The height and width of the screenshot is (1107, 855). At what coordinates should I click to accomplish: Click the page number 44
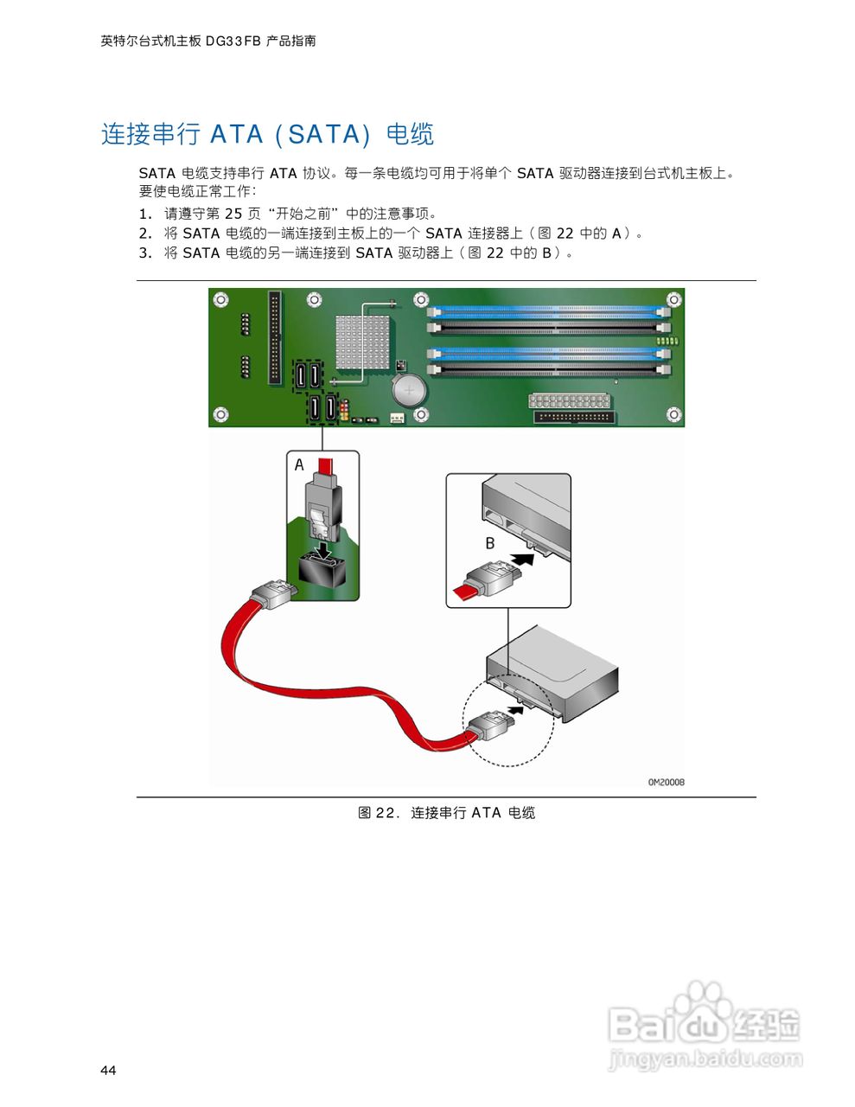pos(108,1071)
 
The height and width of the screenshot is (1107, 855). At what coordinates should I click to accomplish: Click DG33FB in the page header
pos(233,41)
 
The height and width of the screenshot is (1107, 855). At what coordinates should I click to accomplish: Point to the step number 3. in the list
pos(145,253)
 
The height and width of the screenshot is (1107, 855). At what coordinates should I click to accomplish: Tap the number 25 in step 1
pos(233,214)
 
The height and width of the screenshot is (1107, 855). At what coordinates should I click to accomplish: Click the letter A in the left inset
pos(299,465)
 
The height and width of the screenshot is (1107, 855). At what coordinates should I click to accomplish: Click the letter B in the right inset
pos(490,543)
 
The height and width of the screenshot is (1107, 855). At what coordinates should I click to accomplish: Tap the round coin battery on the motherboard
pos(407,390)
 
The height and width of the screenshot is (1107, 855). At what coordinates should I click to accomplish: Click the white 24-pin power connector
pos(570,401)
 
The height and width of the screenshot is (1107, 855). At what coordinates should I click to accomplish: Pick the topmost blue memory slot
pos(548,309)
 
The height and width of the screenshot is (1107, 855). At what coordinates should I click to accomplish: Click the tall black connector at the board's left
pos(275,337)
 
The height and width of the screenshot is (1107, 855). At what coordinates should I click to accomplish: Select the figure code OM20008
pos(667,782)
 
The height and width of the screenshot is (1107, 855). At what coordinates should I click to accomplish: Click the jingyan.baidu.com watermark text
pos(705,1059)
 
